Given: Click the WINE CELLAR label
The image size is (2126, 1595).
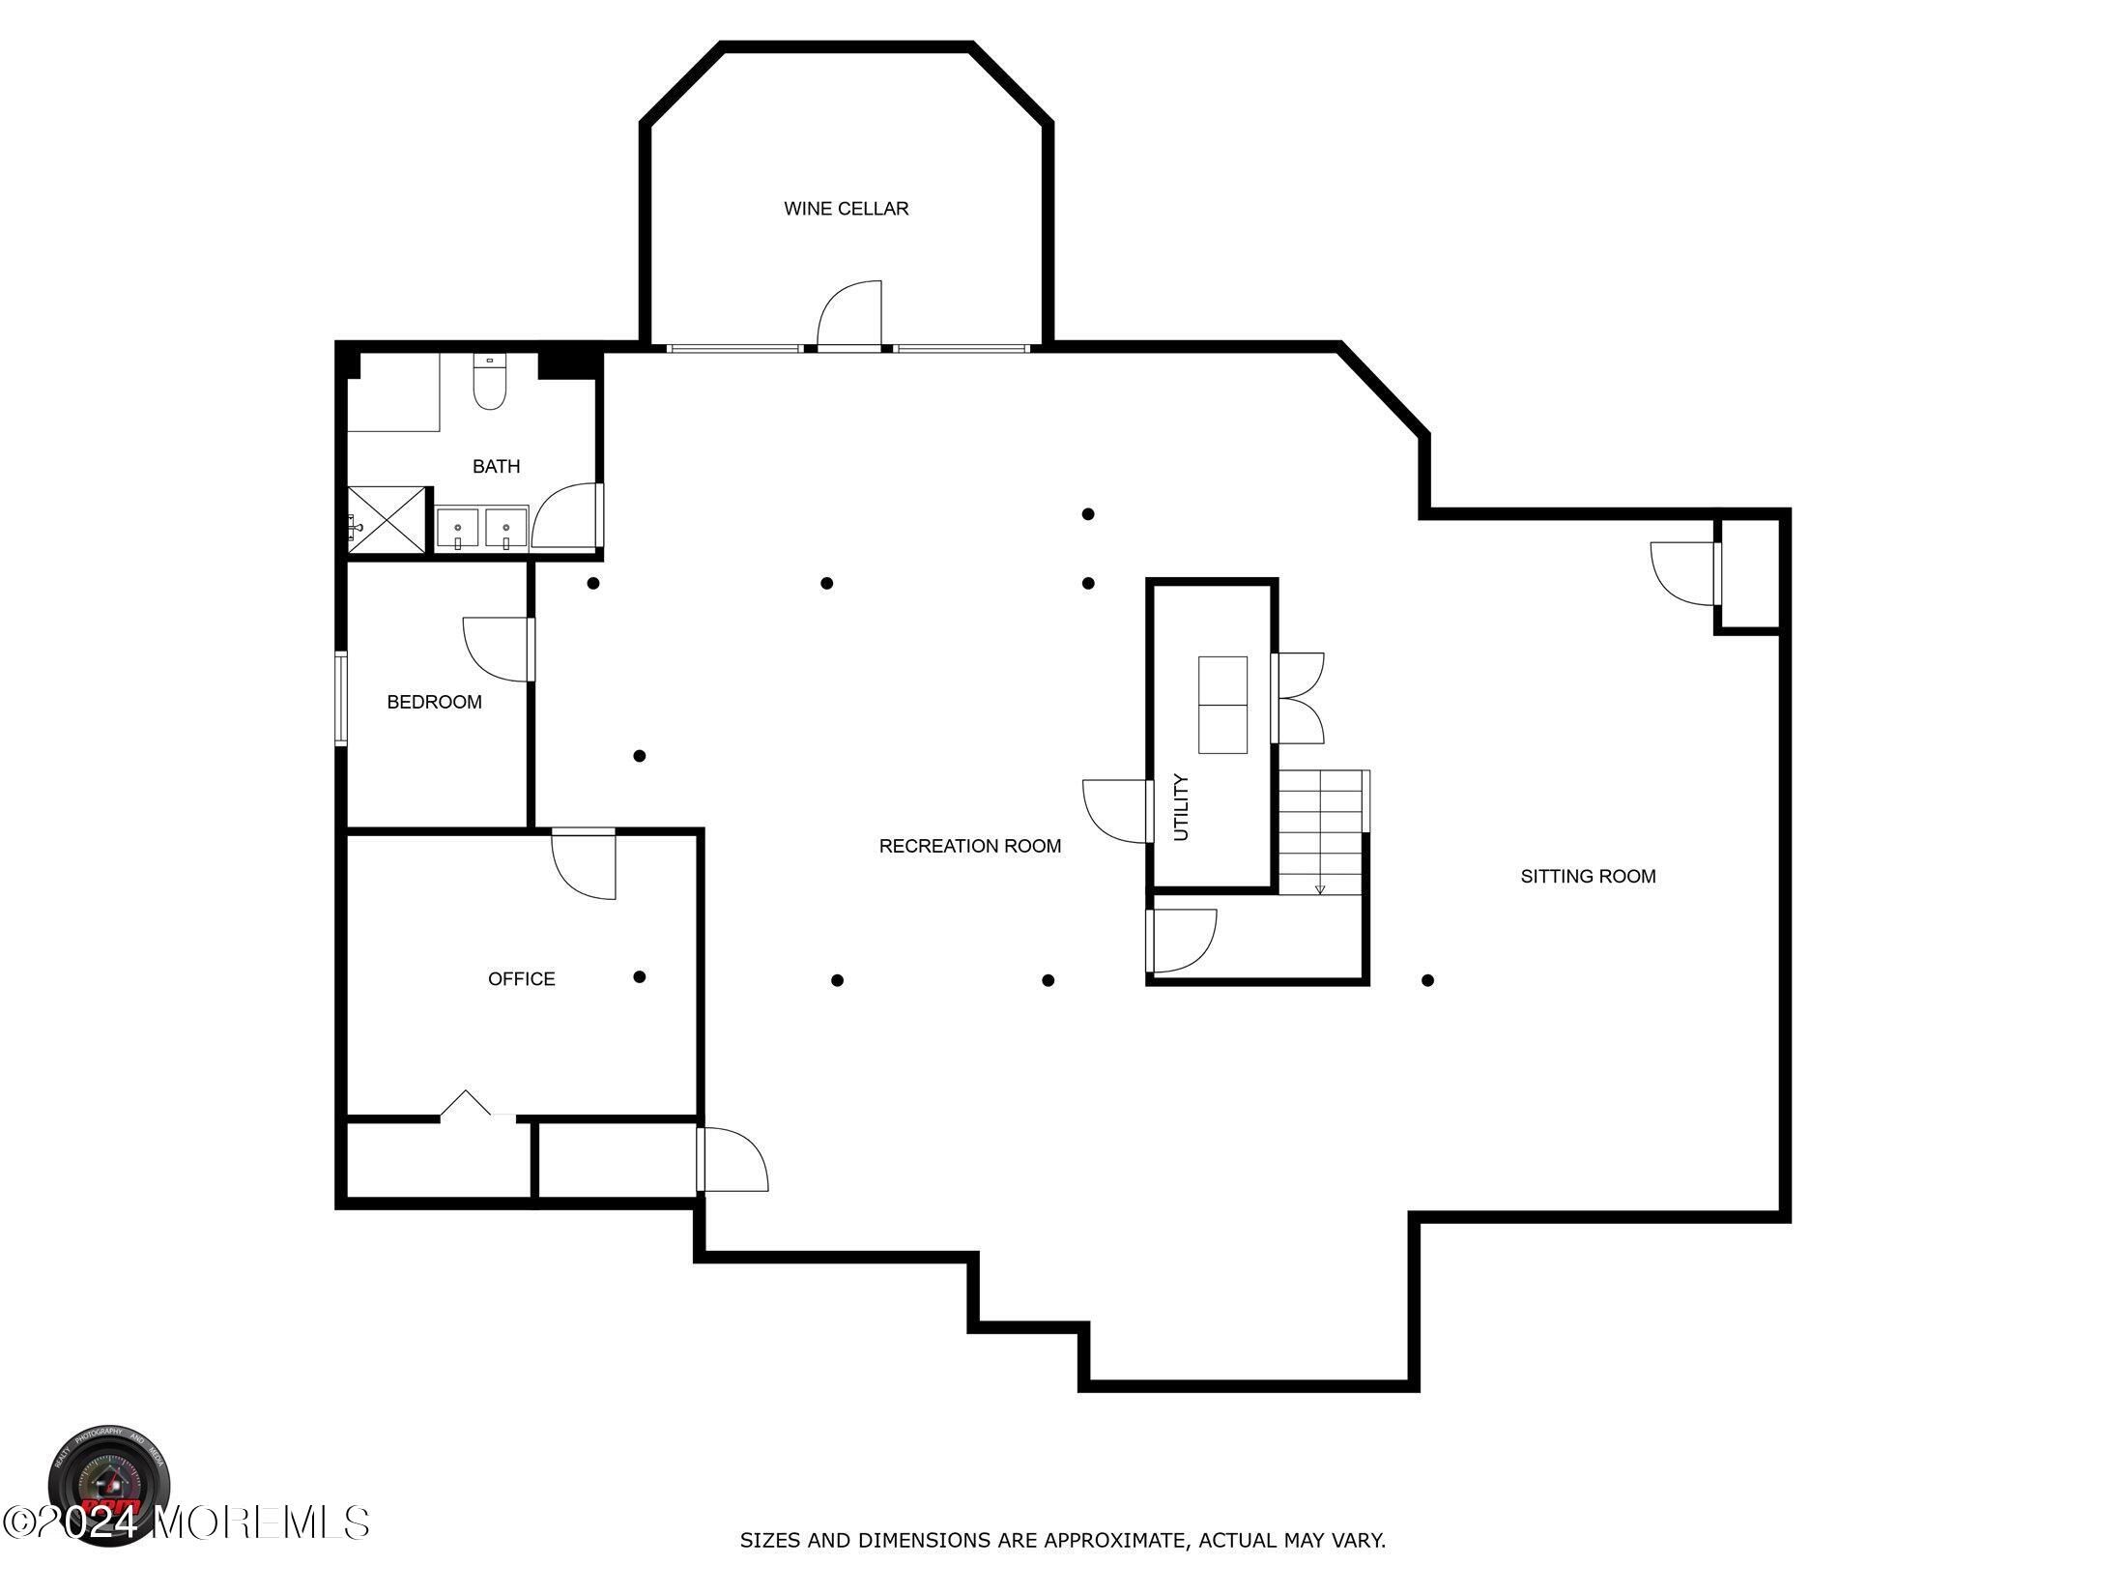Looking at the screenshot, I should tap(846, 209).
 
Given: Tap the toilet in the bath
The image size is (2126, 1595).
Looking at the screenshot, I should tap(489, 384).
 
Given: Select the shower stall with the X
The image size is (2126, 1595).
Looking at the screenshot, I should tap(387, 520).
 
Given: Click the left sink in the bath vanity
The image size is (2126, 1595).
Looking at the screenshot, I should tap(457, 529).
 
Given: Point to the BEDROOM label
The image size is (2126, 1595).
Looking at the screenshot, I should tap(434, 703).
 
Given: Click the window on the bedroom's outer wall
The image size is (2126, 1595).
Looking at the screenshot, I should tap(340, 699).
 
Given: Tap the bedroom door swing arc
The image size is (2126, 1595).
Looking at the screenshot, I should tap(495, 649).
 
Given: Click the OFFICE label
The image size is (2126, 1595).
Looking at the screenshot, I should tap(521, 979).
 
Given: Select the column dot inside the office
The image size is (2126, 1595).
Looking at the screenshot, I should tap(639, 977).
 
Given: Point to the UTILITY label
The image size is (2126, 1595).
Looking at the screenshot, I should tap(1181, 807).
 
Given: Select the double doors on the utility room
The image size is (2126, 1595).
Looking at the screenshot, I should tap(1298, 698).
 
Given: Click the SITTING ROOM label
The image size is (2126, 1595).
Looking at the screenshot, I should tap(1588, 877).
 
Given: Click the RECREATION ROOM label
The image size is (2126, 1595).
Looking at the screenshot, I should tap(969, 847).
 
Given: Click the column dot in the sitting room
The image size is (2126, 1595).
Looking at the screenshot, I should tap(1427, 980).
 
